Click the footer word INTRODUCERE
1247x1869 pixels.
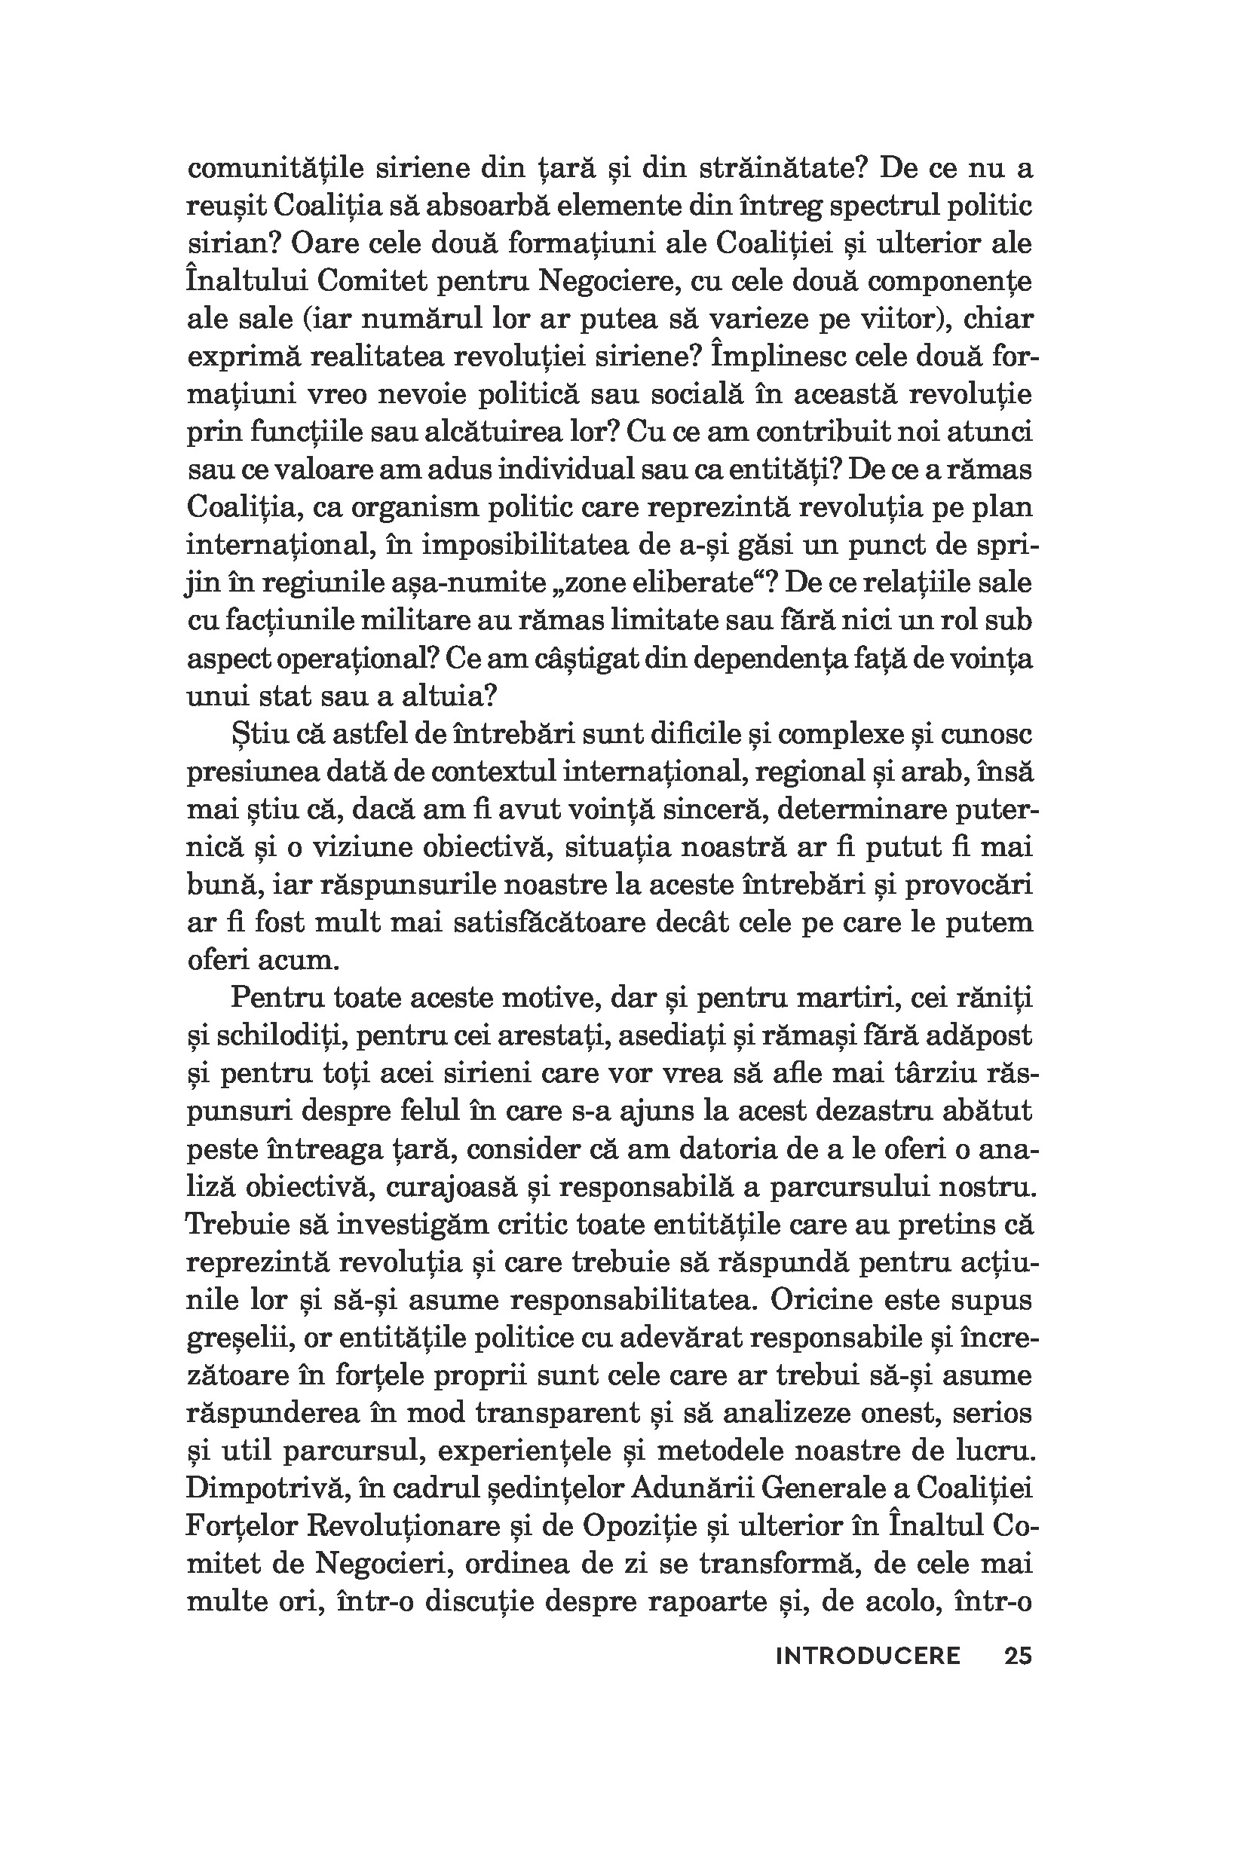point(868,1656)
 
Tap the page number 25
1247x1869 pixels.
point(1017,1656)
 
